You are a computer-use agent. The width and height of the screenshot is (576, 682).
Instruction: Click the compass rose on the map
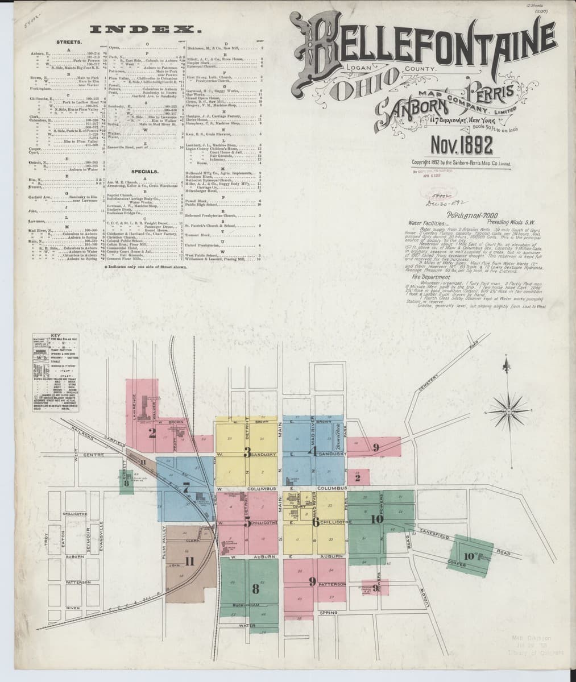pos(516,395)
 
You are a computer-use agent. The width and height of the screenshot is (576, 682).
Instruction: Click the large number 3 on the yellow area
pos(247,452)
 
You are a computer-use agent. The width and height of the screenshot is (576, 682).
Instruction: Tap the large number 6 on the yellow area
pos(315,523)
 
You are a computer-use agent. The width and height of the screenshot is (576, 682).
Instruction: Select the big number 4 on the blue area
pos(312,452)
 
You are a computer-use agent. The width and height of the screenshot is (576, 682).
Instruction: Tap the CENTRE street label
pos(92,456)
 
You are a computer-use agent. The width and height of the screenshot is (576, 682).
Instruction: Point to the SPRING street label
pos(329,613)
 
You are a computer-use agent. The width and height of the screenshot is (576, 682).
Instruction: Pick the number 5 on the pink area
pos(247,524)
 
